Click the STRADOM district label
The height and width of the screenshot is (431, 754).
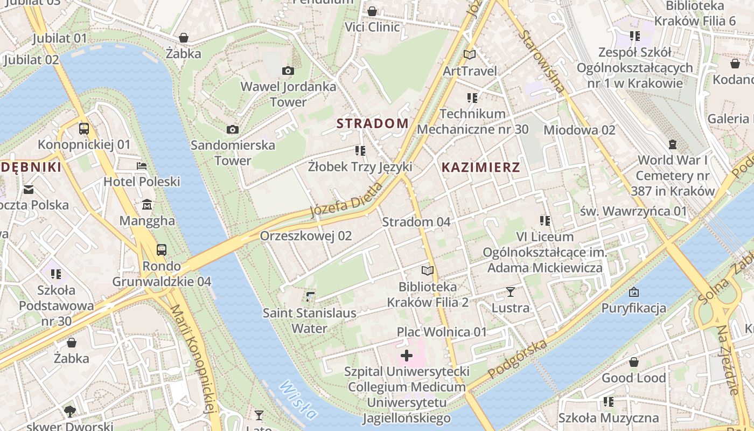373,123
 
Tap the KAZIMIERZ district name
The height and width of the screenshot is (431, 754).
481,168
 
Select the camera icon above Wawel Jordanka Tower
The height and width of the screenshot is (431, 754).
288,71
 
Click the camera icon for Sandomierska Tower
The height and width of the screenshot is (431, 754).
233,129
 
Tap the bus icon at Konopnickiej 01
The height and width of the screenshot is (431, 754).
84,129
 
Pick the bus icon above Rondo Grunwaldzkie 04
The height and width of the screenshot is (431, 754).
162,249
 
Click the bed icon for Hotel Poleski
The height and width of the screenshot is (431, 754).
142,166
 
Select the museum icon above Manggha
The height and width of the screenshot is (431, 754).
147,205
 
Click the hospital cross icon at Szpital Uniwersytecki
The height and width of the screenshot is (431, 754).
407,356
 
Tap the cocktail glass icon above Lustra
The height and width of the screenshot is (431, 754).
511,292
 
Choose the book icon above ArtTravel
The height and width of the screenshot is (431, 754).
470,54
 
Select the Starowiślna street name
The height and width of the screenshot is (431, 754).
542,61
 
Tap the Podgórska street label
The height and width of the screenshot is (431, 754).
518,359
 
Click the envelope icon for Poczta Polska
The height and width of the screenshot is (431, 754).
29,189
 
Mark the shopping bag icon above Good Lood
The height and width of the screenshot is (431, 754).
634,362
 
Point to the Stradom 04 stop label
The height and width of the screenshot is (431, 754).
416,222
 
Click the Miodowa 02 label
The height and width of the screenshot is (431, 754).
579,130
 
